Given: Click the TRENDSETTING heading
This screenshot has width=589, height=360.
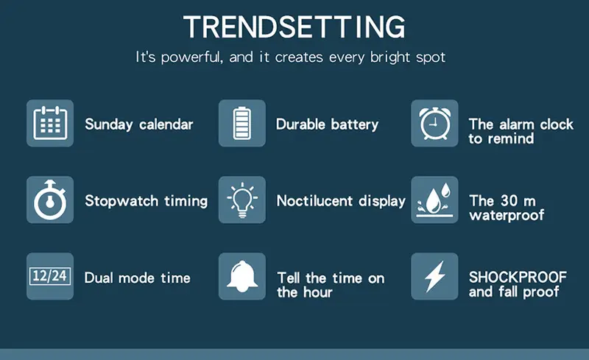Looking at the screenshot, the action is click(294, 27).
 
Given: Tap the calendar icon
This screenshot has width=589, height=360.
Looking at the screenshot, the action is click(50, 123).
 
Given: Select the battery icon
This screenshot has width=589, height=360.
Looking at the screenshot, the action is click(242, 123).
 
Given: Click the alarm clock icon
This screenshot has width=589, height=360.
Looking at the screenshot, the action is click(434, 123).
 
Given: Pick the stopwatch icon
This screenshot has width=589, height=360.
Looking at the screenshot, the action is click(50, 200).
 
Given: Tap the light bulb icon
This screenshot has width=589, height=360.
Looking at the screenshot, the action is click(242, 200).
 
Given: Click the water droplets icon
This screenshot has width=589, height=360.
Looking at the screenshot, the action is click(434, 200).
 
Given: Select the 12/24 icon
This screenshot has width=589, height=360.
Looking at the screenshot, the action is click(50, 276).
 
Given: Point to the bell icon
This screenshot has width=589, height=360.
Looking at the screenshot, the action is click(242, 276).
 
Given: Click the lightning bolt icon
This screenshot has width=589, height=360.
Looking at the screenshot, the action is click(434, 276).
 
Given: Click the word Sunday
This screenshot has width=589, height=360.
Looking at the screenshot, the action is click(108, 124).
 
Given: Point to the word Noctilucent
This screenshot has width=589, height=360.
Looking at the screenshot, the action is click(315, 201).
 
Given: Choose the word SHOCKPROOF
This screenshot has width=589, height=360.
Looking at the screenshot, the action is click(518, 278).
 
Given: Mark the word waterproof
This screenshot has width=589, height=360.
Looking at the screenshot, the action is click(507, 215).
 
